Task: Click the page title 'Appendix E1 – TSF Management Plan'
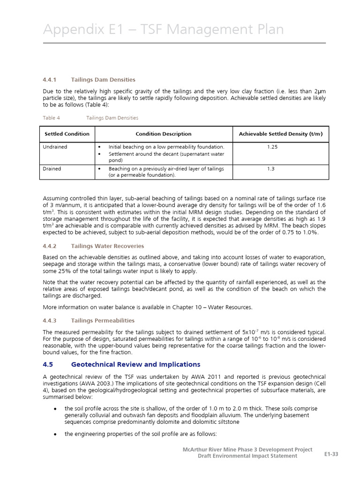163,30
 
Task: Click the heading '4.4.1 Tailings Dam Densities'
89,80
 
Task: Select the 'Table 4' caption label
51,118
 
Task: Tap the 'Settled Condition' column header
67,134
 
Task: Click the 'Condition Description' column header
163,134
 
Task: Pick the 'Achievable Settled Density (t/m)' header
280,134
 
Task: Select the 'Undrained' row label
55,147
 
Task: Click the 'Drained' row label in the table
52,169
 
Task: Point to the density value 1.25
272,147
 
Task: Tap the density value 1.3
271,169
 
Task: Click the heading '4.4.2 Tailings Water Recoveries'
93,246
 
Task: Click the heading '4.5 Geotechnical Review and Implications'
121,364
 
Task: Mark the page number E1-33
331,454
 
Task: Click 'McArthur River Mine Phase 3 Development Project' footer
247,450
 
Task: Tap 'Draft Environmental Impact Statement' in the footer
247,456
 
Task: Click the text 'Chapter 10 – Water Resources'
211,307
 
